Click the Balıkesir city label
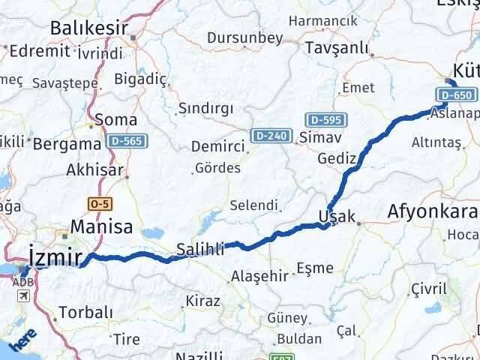click(x=87, y=28)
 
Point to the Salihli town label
click(x=200, y=250)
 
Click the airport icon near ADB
click(x=25, y=296)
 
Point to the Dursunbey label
click(x=244, y=37)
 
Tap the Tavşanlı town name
click(x=337, y=48)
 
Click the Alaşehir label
click(x=259, y=275)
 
